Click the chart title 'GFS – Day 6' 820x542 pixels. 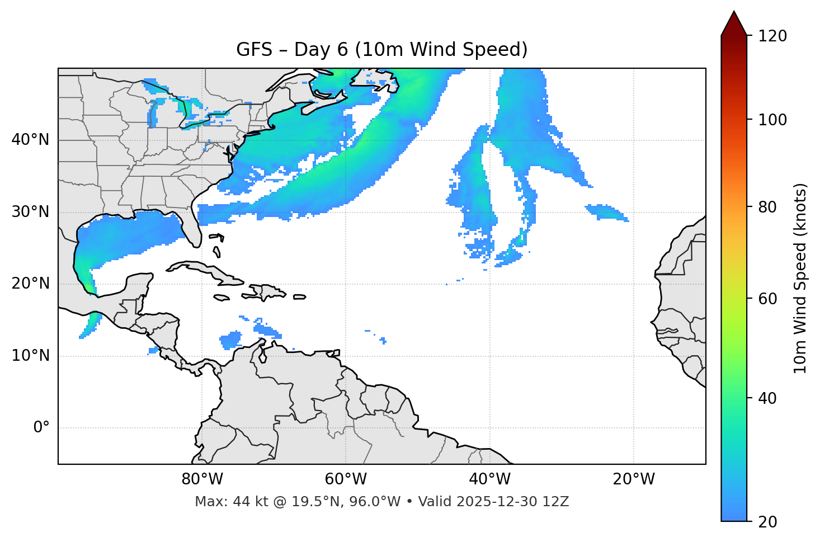click(x=381, y=50)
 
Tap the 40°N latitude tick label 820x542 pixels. click(x=30, y=139)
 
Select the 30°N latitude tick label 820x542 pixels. click(x=30, y=212)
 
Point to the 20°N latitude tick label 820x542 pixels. click(x=30, y=284)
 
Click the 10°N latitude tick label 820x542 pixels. click(x=30, y=356)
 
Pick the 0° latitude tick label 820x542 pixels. click(x=41, y=428)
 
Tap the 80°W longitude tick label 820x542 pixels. click(x=202, y=479)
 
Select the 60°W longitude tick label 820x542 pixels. click(x=346, y=479)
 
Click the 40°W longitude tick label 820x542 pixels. click(x=489, y=479)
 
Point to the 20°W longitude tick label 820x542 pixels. click(x=633, y=479)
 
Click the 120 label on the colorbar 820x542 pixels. click(x=772, y=36)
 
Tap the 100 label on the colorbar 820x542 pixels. click(x=772, y=120)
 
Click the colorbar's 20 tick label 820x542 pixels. click(x=768, y=522)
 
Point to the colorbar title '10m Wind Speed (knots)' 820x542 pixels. click(x=800, y=278)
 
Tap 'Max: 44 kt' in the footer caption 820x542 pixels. click(x=221, y=502)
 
